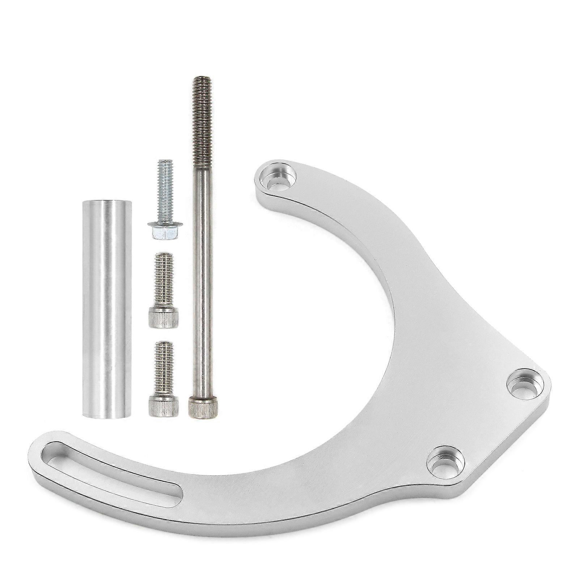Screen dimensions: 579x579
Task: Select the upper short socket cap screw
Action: click(x=164, y=289)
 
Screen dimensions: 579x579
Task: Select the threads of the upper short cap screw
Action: click(x=164, y=279)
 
